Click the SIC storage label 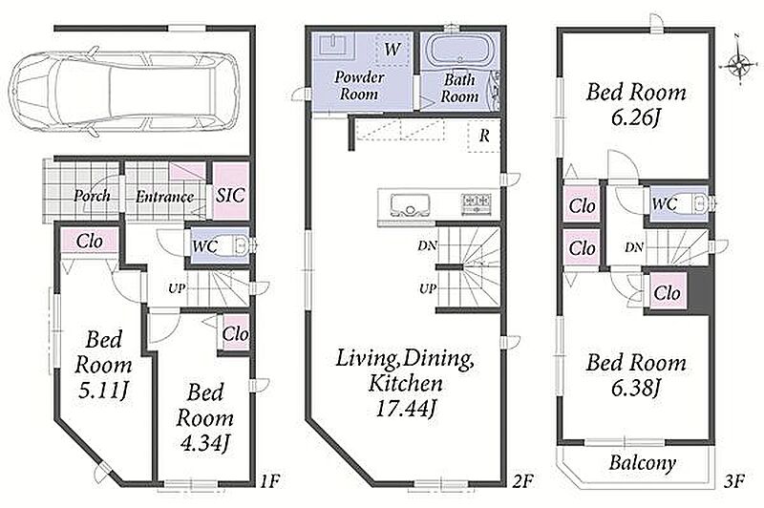[x=230, y=196]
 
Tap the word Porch [x=92, y=196]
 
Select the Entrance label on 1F [x=164, y=197]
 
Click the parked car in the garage [x=125, y=93]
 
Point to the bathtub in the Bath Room [x=460, y=51]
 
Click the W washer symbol [x=393, y=49]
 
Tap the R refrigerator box [x=484, y=136]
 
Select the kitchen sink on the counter [x=411, y=204]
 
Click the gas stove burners [x=477, y=203]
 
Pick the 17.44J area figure [x=404, y=409]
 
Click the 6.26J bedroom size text [x=636, y=117]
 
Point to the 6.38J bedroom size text [x=636, y=389]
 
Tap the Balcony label [x=642, y=463]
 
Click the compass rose [x=739, y=63]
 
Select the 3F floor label [x=734, y=481]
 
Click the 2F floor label [x=523, y=481]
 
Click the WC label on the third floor [x=665, y=203]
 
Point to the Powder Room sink [x=334, y=45]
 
